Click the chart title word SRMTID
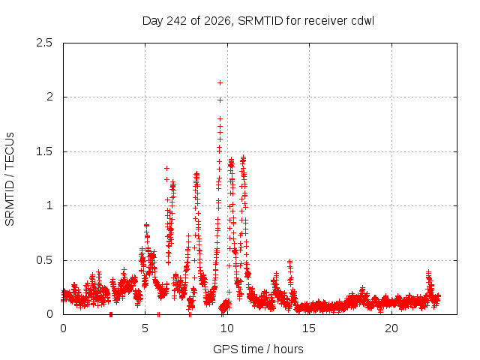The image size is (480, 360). tap(260, 21)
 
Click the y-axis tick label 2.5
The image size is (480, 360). tap(44, 43)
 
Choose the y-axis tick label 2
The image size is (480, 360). tap(49, 97)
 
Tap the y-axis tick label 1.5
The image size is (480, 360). tap(44, 151)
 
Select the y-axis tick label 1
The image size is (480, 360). tap(49, 205)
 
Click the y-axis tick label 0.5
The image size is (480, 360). tap(44, 260)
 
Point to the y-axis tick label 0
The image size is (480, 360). tap(49, 314)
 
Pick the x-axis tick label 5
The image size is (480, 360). tap(145, 328)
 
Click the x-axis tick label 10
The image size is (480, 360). tap(227, 328)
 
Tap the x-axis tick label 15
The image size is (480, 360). tap(309, 328)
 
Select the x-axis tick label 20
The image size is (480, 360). tap(391, 328)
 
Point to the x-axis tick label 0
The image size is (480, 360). tap(63, 328)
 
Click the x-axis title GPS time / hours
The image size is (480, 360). tap(258, 349)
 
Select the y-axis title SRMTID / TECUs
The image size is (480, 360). tap(10, 179)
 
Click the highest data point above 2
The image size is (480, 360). tap(220, 83)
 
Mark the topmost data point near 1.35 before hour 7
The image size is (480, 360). tap(166, 168)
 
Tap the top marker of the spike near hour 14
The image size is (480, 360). tap(289, 262)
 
